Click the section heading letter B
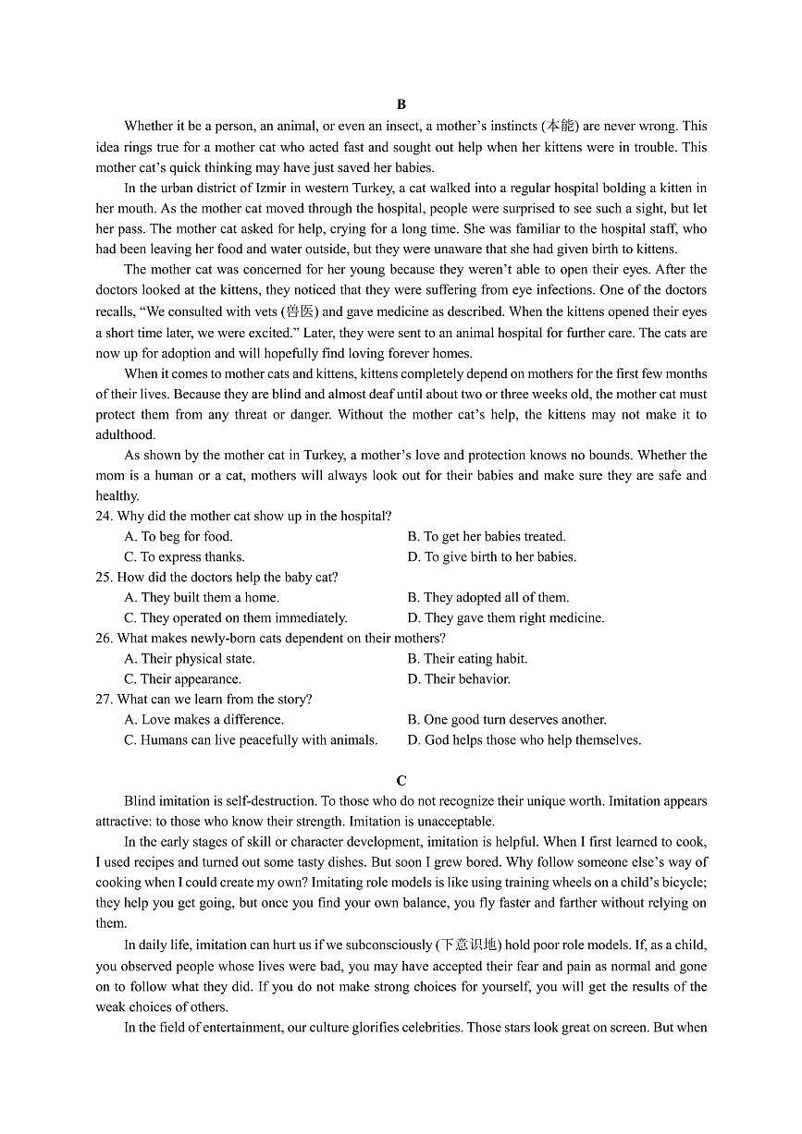401,105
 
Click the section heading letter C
401,781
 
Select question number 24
104,517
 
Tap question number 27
104,700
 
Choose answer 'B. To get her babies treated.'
487,537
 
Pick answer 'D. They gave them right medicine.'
506,618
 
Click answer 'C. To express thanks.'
185,557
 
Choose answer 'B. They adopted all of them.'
488,598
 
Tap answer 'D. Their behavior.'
459,679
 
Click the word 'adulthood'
126,435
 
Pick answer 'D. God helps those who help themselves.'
524,740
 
